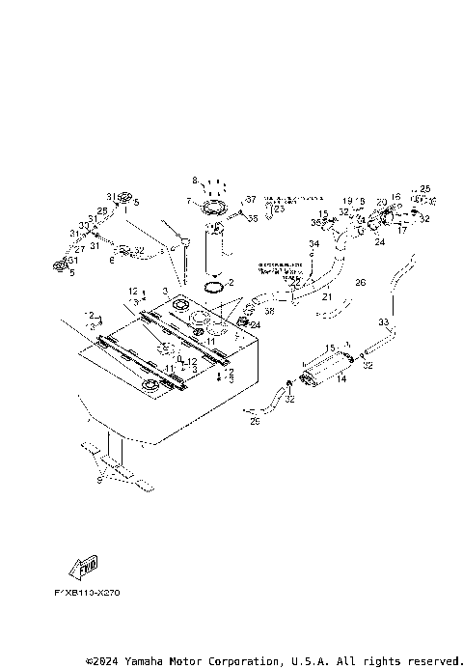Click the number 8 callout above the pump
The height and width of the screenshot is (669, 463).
[x=195, y=181]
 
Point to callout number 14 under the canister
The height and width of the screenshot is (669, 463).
[x=341, y=379]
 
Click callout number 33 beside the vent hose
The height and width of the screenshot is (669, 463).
[x=384, y=321]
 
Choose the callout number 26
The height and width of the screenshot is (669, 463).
[x=361, y=283]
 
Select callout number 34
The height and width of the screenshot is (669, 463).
[x=313, y=245]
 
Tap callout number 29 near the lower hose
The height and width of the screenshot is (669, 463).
[x=256, y=422]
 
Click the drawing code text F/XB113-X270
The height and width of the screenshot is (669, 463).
[x=94, y=593]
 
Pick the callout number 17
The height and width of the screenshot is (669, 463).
[x=401, y=232]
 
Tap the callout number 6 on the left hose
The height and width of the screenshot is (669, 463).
[x=112, y=260]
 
